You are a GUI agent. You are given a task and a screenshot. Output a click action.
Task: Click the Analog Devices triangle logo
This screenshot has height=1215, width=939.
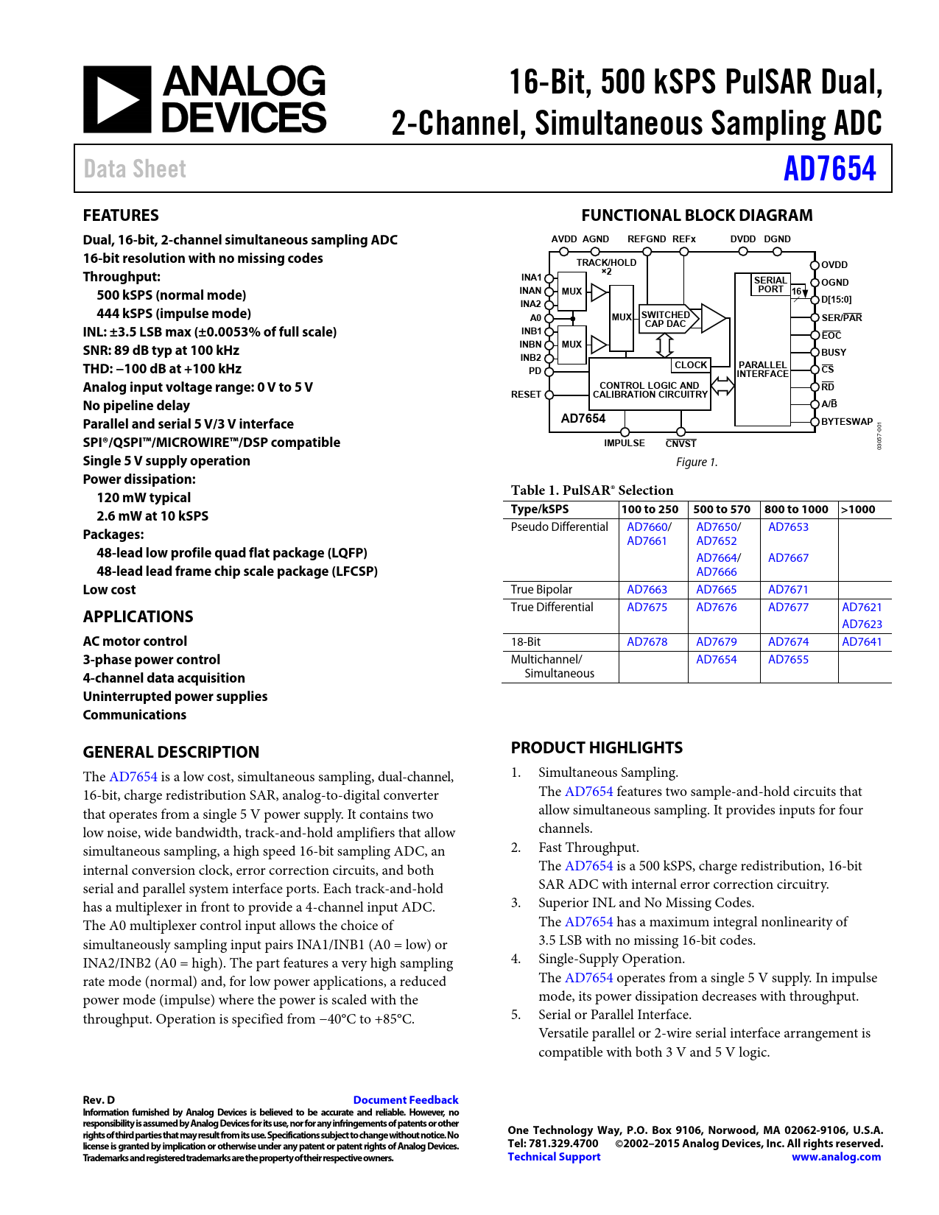coord(117,99)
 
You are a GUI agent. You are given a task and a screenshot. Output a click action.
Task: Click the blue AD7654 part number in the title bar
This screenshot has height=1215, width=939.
coord(829,169)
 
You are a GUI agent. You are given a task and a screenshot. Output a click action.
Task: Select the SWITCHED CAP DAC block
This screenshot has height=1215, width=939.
coord(666,319)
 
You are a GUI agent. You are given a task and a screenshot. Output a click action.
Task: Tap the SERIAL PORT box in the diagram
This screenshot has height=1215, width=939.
coord(770,284)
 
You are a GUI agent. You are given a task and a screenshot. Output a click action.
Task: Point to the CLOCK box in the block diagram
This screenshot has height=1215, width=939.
coord(690,365)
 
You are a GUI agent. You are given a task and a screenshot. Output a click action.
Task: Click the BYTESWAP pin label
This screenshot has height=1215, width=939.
coord(847,422)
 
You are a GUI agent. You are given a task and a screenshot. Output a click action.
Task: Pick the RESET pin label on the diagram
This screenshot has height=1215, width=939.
coord(526,395)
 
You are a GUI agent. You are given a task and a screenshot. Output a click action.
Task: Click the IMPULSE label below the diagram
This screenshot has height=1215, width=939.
coord(625,443)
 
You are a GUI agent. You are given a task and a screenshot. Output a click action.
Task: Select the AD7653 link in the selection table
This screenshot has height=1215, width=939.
coord(788,527)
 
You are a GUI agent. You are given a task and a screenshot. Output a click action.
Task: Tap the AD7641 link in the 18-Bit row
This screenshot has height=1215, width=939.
coord(862,642)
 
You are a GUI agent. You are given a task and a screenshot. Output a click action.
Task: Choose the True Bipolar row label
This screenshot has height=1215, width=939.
coord(541,590)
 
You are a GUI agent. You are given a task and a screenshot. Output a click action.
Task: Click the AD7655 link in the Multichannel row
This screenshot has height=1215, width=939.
coord(788,660)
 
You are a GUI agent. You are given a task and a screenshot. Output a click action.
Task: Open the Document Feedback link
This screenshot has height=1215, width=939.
coord(406,1100)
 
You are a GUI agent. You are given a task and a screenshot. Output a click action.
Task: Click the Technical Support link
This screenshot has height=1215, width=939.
coord(554,1157)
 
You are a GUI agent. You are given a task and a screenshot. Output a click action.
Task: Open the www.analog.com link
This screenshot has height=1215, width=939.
coord(836,1157)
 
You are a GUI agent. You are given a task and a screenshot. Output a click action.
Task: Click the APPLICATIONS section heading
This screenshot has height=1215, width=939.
coord(138,617)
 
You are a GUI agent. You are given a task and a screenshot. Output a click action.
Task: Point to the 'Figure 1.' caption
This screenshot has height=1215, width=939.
coord(697,462)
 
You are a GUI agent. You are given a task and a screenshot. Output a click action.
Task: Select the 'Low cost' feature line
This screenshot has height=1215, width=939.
coord(109,590)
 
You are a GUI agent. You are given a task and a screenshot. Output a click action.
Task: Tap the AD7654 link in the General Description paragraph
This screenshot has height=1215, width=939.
coord(133,777)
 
